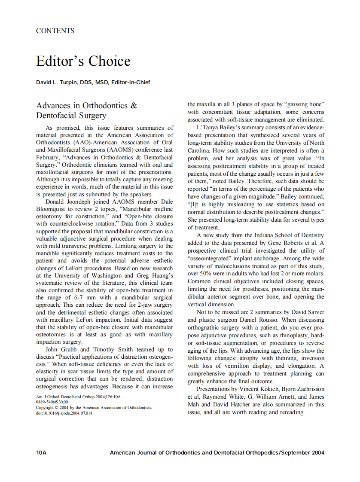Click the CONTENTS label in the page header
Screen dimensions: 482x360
coord(55,31)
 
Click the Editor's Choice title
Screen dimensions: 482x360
coord(83,61)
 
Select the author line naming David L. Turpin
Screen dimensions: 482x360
coord(93,82)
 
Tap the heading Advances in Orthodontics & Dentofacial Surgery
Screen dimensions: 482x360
coord(86,110)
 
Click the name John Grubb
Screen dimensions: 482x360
coord(61,350)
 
